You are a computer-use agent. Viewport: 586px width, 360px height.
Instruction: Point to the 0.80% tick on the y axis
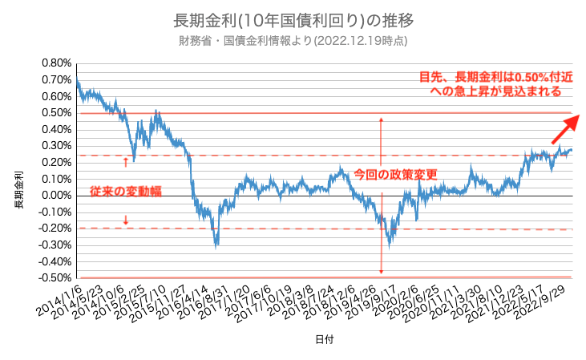coord(55,63)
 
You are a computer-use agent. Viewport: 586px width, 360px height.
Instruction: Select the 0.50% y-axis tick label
coord(55,113)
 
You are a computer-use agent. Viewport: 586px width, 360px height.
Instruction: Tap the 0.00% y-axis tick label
coord(55,195)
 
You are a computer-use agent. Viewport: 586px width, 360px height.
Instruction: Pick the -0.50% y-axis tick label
coord(54,278)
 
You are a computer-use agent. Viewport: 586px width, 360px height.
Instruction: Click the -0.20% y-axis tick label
coord(54,229)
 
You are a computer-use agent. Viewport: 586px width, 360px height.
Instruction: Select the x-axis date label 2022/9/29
coord(556,299)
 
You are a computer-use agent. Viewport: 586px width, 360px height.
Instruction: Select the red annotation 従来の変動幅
coord(125,192)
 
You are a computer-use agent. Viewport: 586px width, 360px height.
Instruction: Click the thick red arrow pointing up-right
coord(565,127)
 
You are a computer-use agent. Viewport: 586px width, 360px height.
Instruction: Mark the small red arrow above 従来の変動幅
coord(126,162)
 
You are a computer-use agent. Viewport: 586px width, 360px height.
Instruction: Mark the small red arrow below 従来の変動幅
coord(126,220)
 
